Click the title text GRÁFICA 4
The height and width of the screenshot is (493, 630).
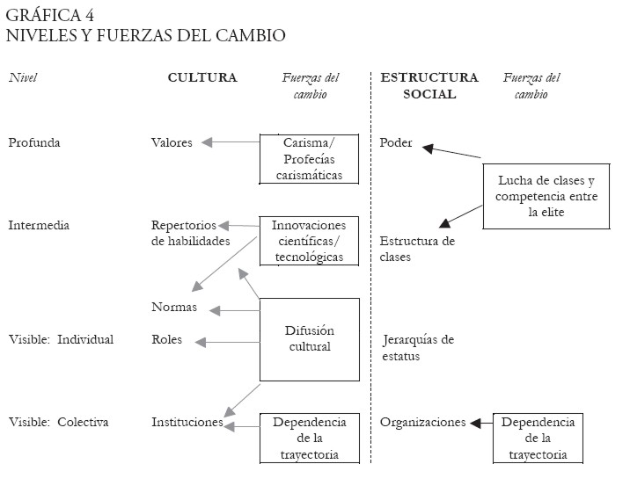pos(51,16)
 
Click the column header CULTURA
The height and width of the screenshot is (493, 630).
pos(202,77)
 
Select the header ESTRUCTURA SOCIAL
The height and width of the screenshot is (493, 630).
pos(429,85)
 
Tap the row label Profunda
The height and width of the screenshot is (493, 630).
pos(33,142)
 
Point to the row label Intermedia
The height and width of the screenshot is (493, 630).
pos(39,225)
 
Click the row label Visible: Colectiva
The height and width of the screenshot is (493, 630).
pos(59,422)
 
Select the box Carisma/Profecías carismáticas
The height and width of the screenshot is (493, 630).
pos(309,159)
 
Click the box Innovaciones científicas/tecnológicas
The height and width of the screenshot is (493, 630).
pos(309,241)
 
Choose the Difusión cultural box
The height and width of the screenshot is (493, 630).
pos(309,338)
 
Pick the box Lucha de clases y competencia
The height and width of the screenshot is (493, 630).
pos(546,196)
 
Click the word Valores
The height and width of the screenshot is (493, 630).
pos(172,142)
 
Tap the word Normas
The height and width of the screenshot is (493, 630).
pos(173,308)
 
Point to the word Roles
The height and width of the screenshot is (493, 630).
pos(166,339)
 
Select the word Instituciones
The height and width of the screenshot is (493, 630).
pos(187,422)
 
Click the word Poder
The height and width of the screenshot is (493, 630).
pos(396,142)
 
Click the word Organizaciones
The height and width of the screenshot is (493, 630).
pos(422,422)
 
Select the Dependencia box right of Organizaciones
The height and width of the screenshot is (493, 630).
pos(538,438)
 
